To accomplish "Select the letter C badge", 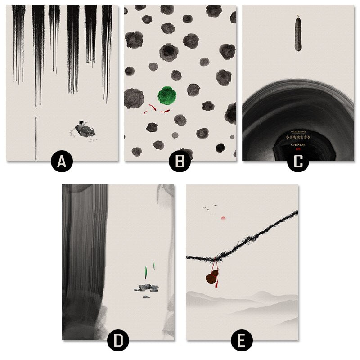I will [x=298, y=162].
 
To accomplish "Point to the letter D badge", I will [x=118, y=341].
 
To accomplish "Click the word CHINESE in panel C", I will [x=298, y=144].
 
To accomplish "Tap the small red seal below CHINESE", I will [x=297, y=149].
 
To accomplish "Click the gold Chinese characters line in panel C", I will [x=297, y=138].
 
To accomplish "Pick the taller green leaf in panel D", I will [x=146, y=272].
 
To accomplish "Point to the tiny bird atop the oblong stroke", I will [x=297, y=18].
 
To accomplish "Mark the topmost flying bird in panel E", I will [x=216, y=206].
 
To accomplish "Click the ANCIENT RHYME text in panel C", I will [x=297, y=131].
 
